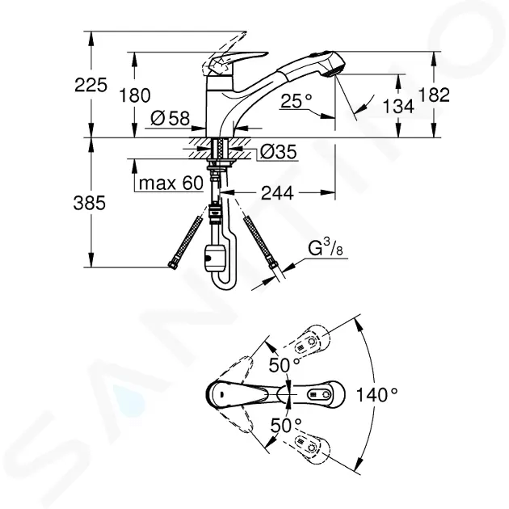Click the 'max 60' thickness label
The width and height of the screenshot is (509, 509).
coord(170,183)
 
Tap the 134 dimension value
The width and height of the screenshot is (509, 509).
coord(399,105)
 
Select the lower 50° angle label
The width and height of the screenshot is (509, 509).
coord(280,423)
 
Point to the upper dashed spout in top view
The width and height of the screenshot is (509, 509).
coord(311,346)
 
